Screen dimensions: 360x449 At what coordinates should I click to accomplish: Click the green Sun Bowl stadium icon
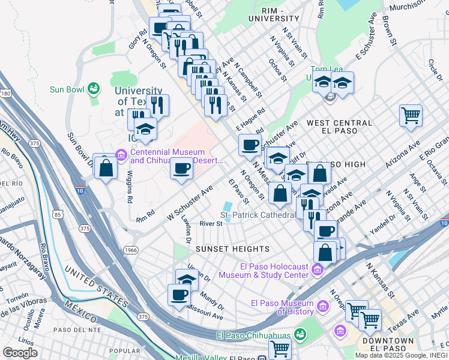tap(93, 89)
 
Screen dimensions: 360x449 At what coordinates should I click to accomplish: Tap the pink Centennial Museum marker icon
tap(121, 157)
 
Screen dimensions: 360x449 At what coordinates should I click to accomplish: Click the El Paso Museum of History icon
tap(323, 307)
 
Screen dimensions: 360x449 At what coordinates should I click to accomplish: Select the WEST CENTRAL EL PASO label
tap(339, 127)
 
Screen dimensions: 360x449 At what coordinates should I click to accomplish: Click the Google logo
tap(20, 353)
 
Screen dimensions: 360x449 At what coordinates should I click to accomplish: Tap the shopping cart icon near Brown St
tap(411, 114)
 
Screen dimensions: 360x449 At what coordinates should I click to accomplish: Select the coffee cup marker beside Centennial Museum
tap(181, 168)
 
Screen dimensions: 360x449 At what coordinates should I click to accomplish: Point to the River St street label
tap(211, 224)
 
